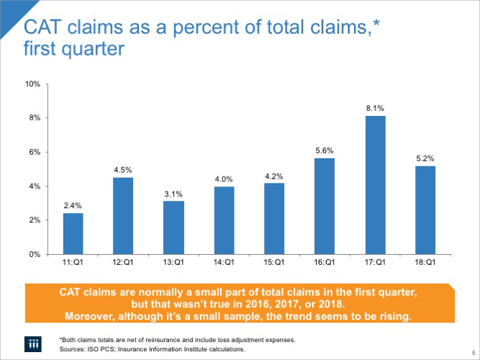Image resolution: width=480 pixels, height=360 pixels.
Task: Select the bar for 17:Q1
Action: [375, 185]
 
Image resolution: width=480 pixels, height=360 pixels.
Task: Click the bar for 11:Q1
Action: [73, 233]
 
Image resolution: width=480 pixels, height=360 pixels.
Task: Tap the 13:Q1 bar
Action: [173, 228]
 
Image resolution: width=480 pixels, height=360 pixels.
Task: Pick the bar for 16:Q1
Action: [325, 206]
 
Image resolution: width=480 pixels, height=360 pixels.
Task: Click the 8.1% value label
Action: [375, 108]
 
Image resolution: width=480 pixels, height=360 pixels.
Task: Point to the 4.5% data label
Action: [123, 169]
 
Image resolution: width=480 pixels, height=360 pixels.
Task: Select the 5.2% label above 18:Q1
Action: [425, 158]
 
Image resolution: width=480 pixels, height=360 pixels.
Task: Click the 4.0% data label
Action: [224, 178]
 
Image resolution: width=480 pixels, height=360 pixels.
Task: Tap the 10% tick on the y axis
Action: [32, 84]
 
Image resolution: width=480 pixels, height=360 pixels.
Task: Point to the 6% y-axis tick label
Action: [35, 152]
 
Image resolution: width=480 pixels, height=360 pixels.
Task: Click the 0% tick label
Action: [35, 254]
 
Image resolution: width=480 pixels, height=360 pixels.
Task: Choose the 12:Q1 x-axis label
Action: [123, 264]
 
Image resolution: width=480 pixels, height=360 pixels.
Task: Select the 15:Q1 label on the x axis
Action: [274, 264]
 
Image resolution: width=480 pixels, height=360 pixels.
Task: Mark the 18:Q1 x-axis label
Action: [425, 264]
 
